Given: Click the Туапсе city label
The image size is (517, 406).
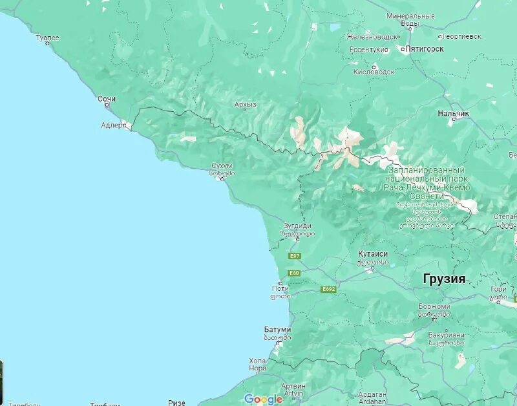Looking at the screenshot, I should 47,38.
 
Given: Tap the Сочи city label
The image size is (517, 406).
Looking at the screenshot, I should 107,99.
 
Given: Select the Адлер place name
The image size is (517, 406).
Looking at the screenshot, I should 114,125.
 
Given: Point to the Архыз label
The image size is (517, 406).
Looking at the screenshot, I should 246,104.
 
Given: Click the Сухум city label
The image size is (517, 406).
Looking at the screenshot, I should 222,166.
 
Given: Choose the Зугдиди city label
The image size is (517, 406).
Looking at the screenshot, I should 297,226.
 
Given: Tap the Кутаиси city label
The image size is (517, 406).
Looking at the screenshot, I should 373,254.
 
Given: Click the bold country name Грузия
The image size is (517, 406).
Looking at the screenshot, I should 444,279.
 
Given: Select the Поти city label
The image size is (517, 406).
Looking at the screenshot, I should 280,288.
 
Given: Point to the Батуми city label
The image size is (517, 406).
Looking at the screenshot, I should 277,330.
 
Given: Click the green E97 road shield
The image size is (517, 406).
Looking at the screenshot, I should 295,256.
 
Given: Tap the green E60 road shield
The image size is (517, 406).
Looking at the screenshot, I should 295,273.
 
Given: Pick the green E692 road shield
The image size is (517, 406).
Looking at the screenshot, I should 328,289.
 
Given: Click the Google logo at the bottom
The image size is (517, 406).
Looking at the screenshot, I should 263,399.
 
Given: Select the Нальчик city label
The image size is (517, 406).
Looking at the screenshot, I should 454,114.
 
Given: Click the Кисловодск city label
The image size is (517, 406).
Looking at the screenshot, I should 374,71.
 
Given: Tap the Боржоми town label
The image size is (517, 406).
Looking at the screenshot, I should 433,306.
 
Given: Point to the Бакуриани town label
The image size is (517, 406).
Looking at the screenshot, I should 446,335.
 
